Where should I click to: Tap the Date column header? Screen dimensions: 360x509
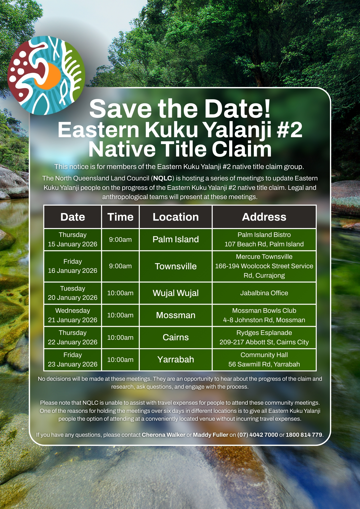coord(73,217)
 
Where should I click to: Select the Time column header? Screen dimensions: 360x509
coord(120,217)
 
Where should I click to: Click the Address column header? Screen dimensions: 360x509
coord(264,217)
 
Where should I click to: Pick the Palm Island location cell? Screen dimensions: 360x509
coord(176,239)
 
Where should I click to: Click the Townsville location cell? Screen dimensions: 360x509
coord(176,266)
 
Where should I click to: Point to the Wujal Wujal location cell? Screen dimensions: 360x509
coord(176,293)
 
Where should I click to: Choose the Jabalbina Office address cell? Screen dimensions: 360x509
coord(264,293)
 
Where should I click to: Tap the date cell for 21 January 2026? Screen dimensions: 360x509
coord(73,315)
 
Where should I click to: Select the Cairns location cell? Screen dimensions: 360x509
coord(176,337)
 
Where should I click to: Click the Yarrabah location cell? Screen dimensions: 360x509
coord(176,359)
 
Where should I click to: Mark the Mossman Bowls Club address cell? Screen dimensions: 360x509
coord(264,315)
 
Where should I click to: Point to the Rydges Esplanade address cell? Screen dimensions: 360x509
coord(264,337)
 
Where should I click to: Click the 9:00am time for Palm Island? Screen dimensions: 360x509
coord(120,239)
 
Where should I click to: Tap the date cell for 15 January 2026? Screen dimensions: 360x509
coord(73,239)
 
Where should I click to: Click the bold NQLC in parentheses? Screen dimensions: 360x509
coord(163,178)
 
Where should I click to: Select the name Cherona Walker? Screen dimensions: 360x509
coord(163,435)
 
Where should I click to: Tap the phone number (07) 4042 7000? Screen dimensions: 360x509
coord(258,435)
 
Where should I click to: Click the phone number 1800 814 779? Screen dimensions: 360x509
coord(304,435)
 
